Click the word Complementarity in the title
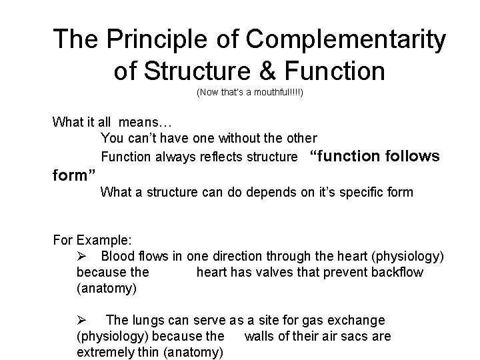345,39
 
